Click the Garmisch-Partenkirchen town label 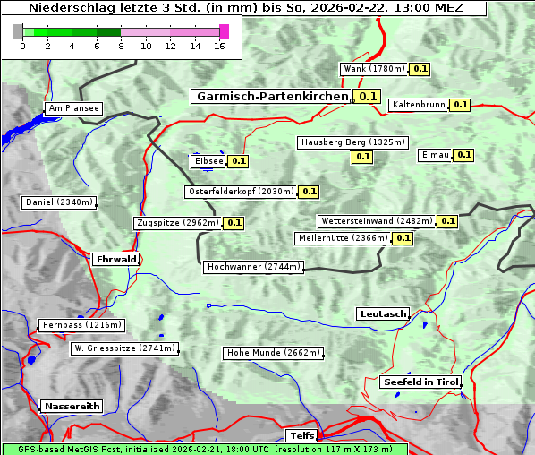pyautogui.click(x=270, y=96)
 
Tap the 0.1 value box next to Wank pyautogui.click(x=420, y=69)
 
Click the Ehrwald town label pyautogui.click(x=115, y=260)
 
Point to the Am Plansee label pyautogui.click(x=73, y=108)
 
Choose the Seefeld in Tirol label pyautogui.click(x=420, y=382)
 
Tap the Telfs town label pyautogui.click(x=301, y=436)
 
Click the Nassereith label pyautogui.click(x=72, y=406)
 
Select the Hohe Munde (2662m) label pyautogui.click(x=273, y=353)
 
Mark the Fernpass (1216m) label pyautogui.click(x=81, y=325)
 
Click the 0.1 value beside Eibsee pyautogui.click(x=238, y=161)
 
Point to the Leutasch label pyautogui.click(x=383, y=314)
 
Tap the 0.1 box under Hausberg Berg pyautogui.click(x=361, y=157)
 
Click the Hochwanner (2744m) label pyautogui.click(x=253, y=267)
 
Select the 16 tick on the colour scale pyautogui.click(x=219, y=47)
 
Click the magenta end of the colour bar pyautogui.click(x=224, y=31)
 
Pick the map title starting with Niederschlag pyautogui.click(x=244, y=8)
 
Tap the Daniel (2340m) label pyautogui.click(x=58, y=202)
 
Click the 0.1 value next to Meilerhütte pyautogui.click(x=403, y=238)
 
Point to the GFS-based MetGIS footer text pyautogui.click(x=204, y=449)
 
